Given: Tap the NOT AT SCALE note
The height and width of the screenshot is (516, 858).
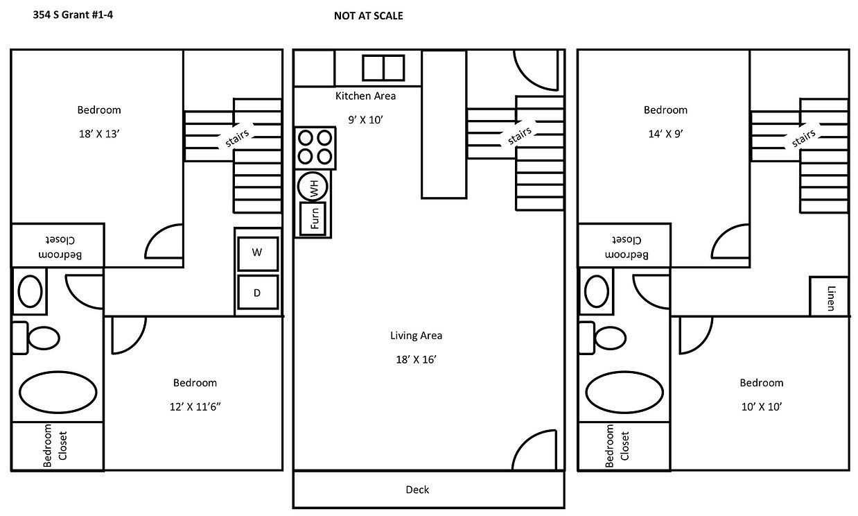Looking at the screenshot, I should (x=368, y=15).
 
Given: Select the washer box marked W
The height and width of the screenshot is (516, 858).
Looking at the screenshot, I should (x=257, y=253).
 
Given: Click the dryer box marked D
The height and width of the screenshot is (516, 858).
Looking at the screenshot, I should (x=257, y=292).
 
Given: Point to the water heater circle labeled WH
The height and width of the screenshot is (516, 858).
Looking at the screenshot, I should (x=313, y=187).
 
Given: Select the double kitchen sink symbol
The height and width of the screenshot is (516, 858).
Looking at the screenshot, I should (x=383, y=67).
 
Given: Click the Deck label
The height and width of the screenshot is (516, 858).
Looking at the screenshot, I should (x=417, y=490).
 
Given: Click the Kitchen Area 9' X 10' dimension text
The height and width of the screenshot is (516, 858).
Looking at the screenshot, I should (x=365, y=119).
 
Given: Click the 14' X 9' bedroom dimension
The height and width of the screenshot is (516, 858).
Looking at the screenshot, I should (x=665, y=135).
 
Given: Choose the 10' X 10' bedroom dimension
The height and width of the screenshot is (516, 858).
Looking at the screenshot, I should (x=761, y=407).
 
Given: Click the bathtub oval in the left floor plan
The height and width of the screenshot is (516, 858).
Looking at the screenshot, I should (x=58, y=393).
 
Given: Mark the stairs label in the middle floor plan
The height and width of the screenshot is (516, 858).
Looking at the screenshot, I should (x=520, y=135).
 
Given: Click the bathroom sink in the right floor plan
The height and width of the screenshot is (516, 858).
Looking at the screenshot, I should (x=596, y=291).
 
